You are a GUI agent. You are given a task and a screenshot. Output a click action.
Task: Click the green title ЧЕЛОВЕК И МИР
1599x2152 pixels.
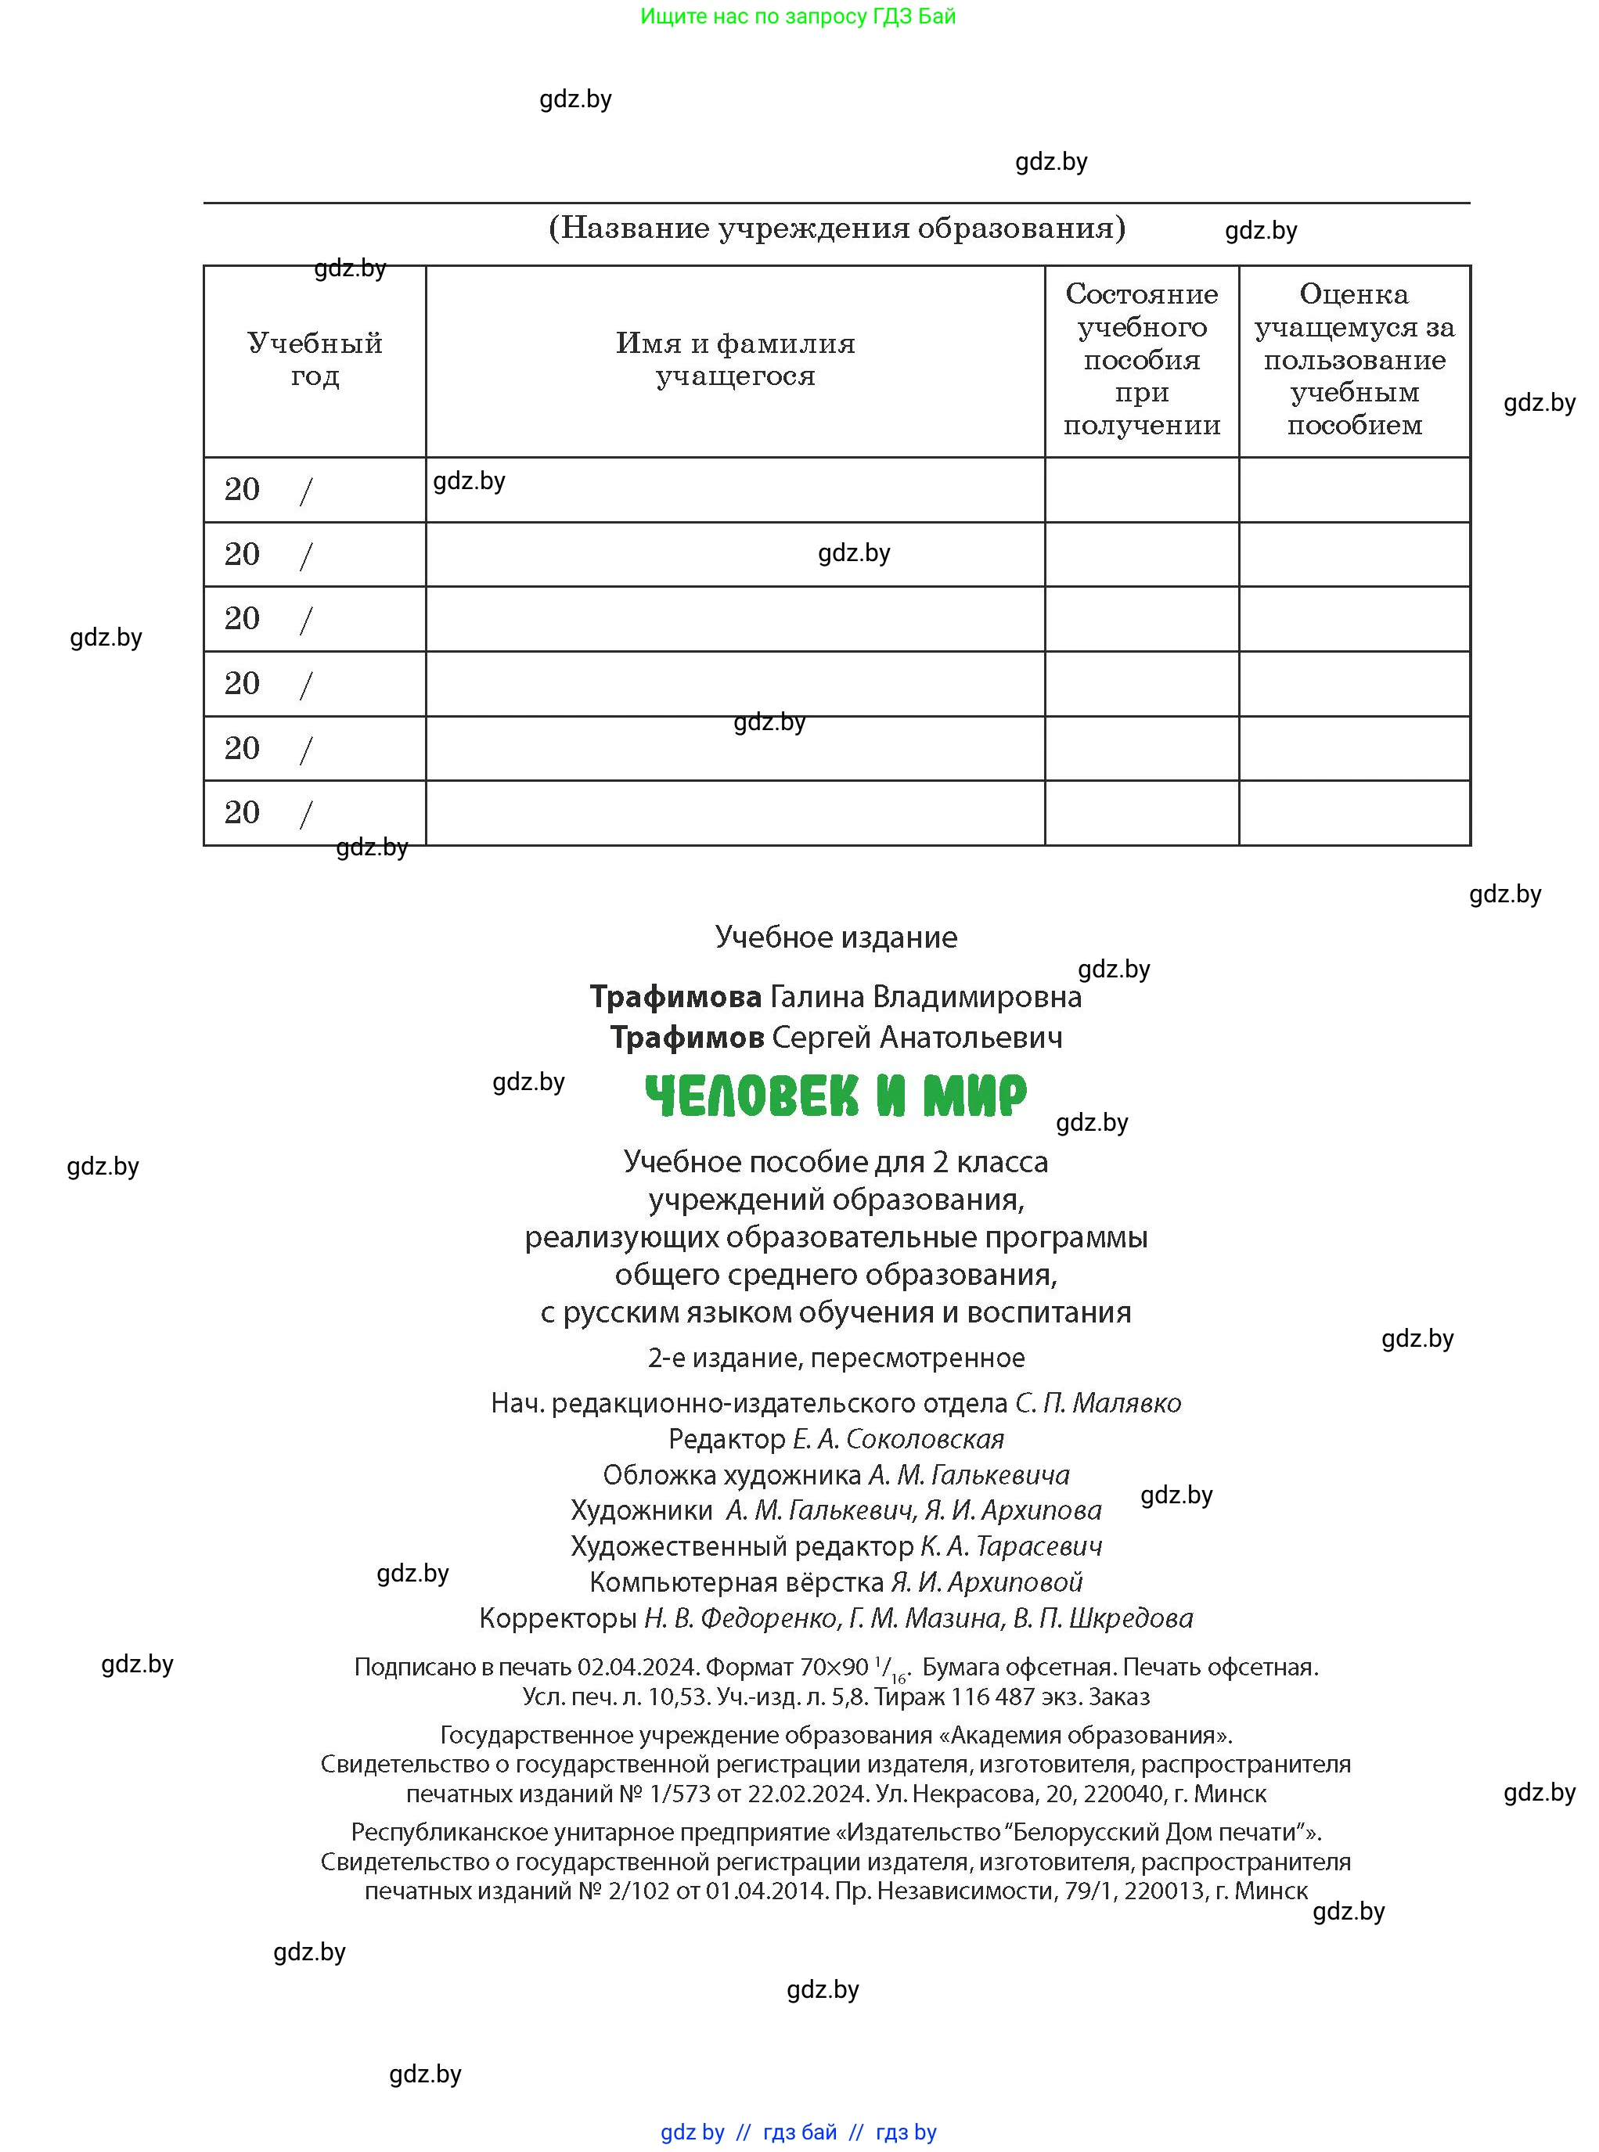coord(835,1096)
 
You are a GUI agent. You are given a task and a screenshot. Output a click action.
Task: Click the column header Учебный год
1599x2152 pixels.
coord(315,359)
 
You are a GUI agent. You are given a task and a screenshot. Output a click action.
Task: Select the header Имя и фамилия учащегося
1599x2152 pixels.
coord(735,359)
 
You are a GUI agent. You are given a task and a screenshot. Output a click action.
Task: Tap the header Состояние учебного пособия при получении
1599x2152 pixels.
coord(1141,359)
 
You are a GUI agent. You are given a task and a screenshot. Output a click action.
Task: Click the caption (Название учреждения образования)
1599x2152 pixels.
coord(836,229)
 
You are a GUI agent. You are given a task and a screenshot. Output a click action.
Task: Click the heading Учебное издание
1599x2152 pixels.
coord(836,937)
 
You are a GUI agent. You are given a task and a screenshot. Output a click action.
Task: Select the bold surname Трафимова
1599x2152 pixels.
coord(675,997)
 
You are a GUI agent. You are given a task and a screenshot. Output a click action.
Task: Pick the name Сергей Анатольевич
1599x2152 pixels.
coord(917,1038)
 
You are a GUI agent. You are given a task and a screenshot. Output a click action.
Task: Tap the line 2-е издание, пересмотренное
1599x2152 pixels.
coord(836,1358)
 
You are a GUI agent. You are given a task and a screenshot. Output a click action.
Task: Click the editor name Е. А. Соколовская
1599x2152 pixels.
coord(899,1439)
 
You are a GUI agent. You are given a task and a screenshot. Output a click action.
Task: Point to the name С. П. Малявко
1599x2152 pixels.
coord(1097,1403)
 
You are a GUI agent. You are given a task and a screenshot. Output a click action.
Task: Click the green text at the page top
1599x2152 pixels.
coord(798,16)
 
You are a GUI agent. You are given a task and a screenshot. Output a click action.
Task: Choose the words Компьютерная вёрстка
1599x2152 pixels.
coord(736,1582)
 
